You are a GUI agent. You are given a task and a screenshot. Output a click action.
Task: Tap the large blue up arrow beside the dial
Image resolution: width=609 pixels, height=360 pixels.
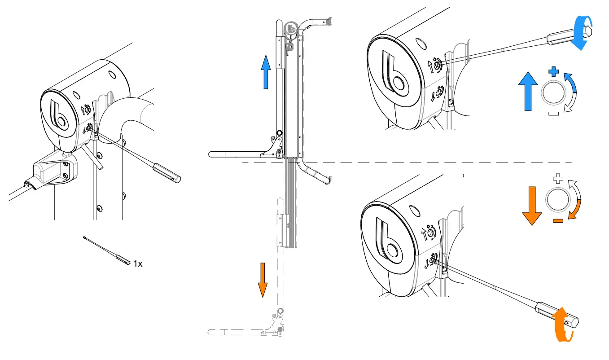click(x=527, y=92)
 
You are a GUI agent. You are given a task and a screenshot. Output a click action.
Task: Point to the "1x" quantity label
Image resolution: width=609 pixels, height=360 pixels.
click(x=138, y=264)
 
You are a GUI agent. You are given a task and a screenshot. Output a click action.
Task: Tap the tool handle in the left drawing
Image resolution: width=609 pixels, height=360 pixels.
click(x=166, y=173)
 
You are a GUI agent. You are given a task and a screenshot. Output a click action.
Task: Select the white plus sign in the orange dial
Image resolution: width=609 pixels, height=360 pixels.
click(x=558, y=179)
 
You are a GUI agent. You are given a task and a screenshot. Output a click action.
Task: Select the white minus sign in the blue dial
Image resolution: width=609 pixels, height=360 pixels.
click(x=553, y=114)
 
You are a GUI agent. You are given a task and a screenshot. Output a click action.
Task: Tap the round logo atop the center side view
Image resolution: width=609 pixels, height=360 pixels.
click(x=291, y=28)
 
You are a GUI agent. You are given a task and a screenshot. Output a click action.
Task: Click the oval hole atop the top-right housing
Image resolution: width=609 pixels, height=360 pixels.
click(x=421, y=44)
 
